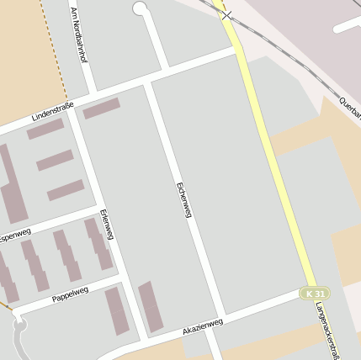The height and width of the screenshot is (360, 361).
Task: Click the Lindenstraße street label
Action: (52, 111)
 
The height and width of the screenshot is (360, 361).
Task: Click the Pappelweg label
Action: (70, 294)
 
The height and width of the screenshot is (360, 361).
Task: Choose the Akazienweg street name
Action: (203, 326)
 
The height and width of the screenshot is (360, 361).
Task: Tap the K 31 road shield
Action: (316, 293)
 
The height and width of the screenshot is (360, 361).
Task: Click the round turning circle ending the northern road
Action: (140, 8)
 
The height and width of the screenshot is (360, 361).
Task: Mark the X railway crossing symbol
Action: (226, 15)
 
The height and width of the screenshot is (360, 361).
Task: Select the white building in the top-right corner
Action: (347, 24)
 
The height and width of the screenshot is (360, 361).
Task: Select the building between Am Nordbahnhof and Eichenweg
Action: (101, 109)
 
